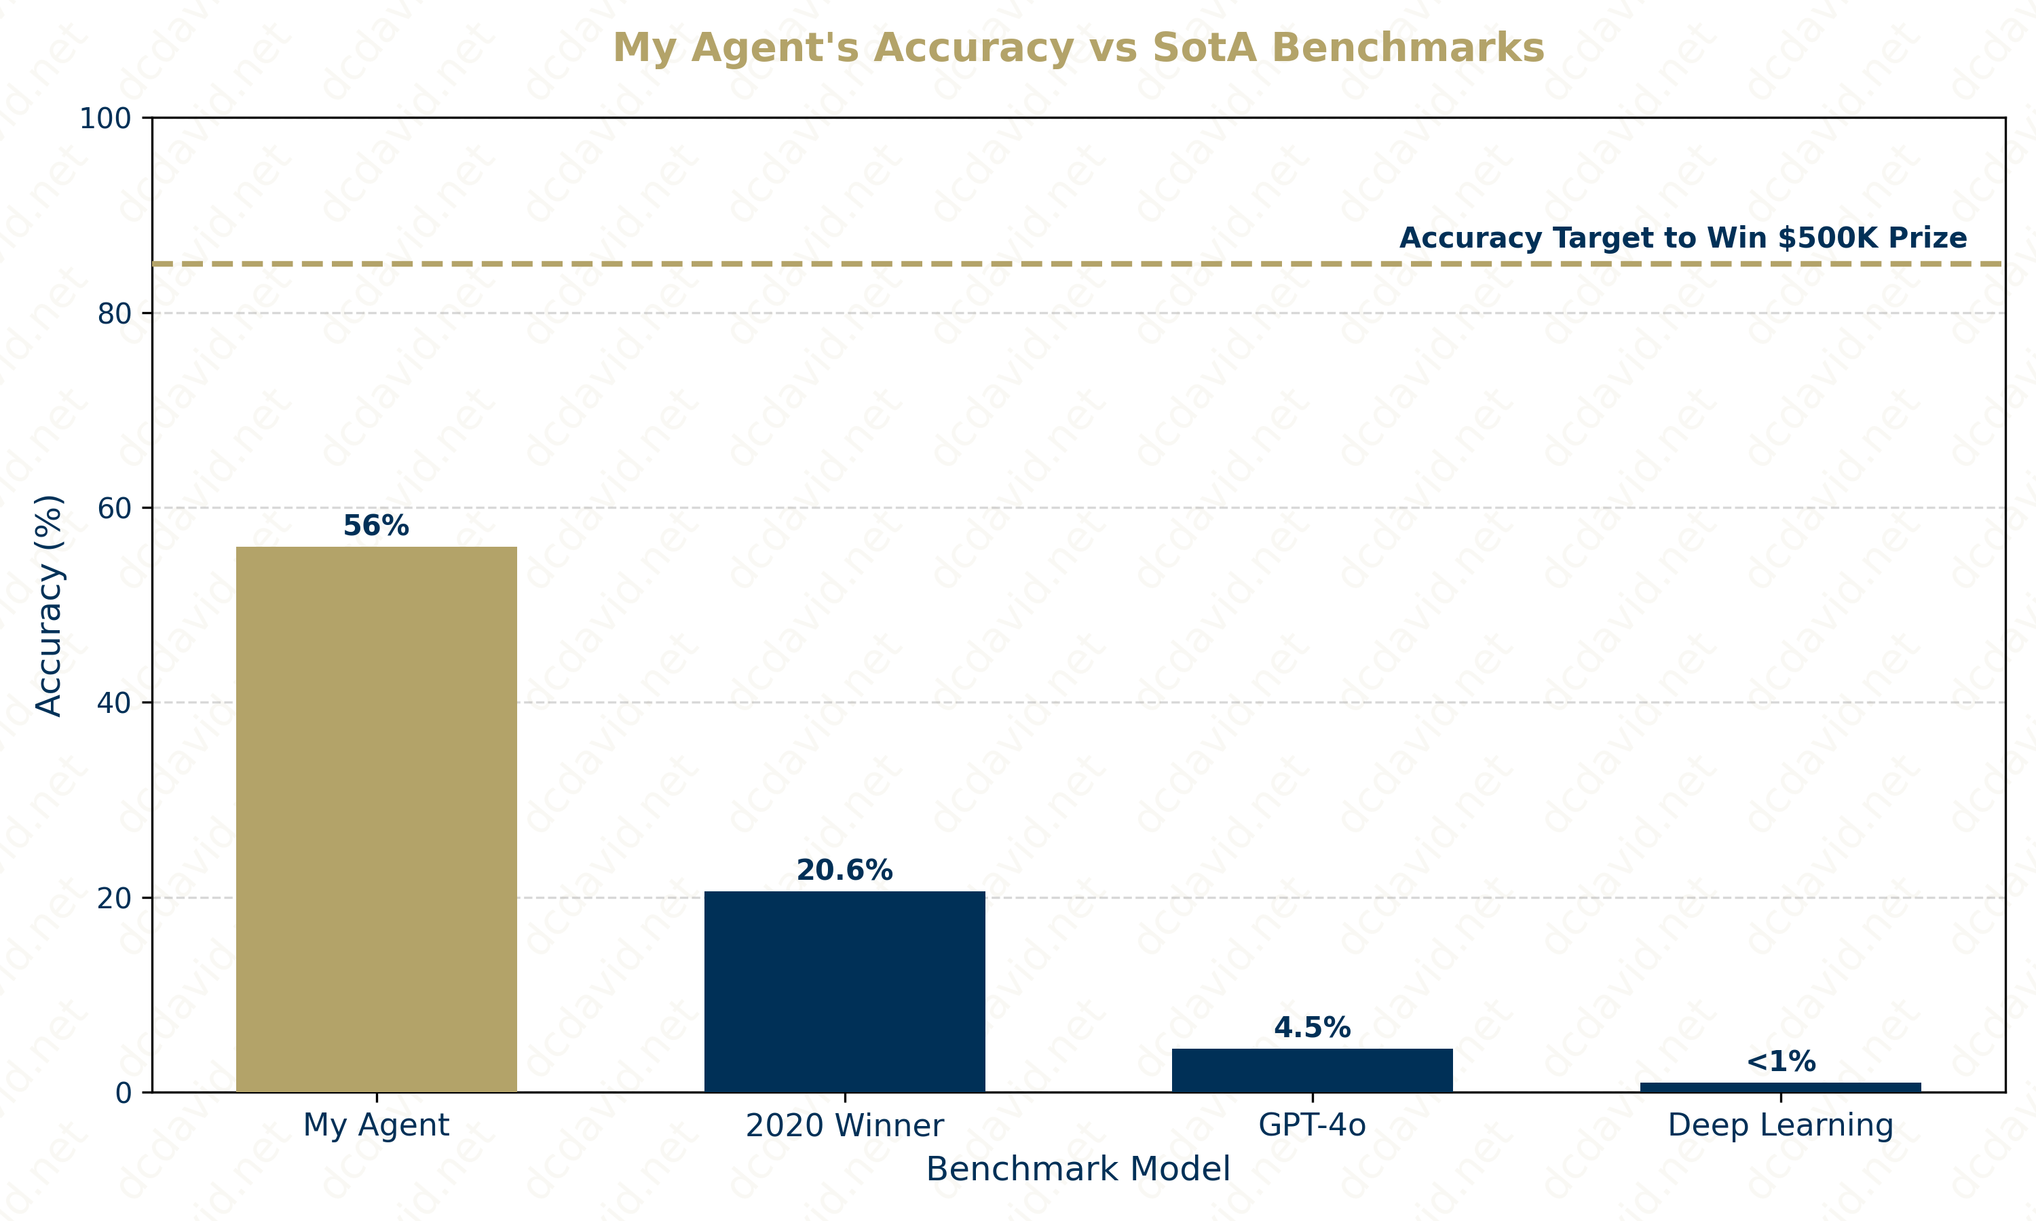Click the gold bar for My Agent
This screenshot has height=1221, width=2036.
tap(376, 819)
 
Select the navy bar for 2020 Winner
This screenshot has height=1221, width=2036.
tap(844, 992)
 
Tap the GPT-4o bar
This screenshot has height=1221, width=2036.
tap(1312, 1070)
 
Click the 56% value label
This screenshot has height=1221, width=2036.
tap(376, 526)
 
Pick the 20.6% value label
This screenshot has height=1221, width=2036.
tap(844, 870)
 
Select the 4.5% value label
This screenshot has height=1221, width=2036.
tap(1312, 1027)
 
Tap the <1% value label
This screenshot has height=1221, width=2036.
tap(1780, 1062)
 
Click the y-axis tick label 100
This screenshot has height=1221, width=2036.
tap(105, 119)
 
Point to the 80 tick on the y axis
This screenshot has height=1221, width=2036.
tap(115, 313)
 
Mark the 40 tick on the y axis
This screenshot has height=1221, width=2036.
tap(115, 703)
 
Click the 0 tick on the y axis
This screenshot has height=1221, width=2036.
tap(124, 1093)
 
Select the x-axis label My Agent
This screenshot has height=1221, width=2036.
tap(376, 1125)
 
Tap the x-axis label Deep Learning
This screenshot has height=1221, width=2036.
tap(1780, 1125)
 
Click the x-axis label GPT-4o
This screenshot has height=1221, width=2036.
tap(1312, 1125)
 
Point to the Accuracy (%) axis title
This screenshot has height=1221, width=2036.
tap(50, 605)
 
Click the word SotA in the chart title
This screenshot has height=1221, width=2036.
tap(1205, 47)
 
